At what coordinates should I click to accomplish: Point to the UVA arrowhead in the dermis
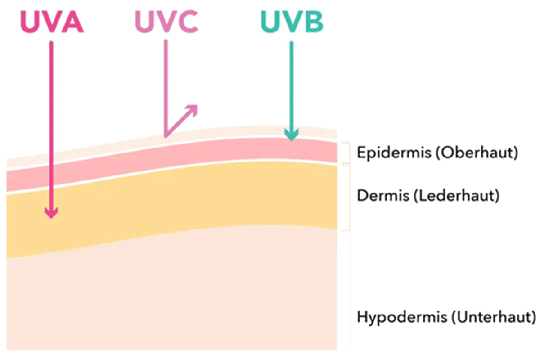[52, 212]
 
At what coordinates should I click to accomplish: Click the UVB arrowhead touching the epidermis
[292, 135]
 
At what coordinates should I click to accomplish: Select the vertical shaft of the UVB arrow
[292, 85]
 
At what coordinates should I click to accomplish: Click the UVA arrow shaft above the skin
[52, 99]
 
